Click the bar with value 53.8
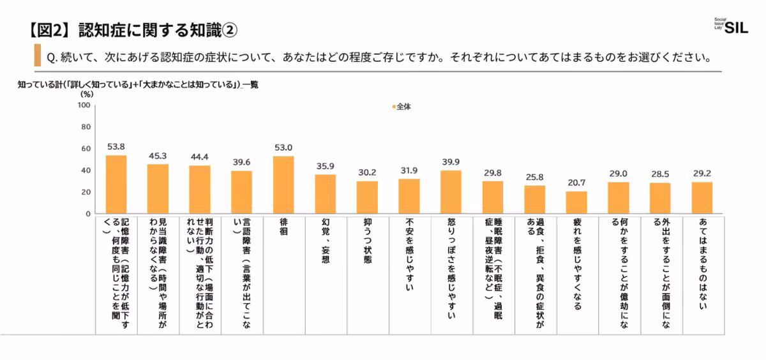point(116,184)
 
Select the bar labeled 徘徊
point(283,184)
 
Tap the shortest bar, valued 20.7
point(576,202)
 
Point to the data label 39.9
point(451,161)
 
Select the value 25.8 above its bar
point(535,177)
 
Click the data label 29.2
point(702,173)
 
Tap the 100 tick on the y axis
point(84,105)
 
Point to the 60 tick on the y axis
point(86,149)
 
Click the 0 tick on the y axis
point(87,214)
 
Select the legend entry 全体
point(402,107)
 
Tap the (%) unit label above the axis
point(86,94)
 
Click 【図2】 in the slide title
point(52,29)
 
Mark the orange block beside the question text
point(37,56)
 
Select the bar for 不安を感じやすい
point(409,196)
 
